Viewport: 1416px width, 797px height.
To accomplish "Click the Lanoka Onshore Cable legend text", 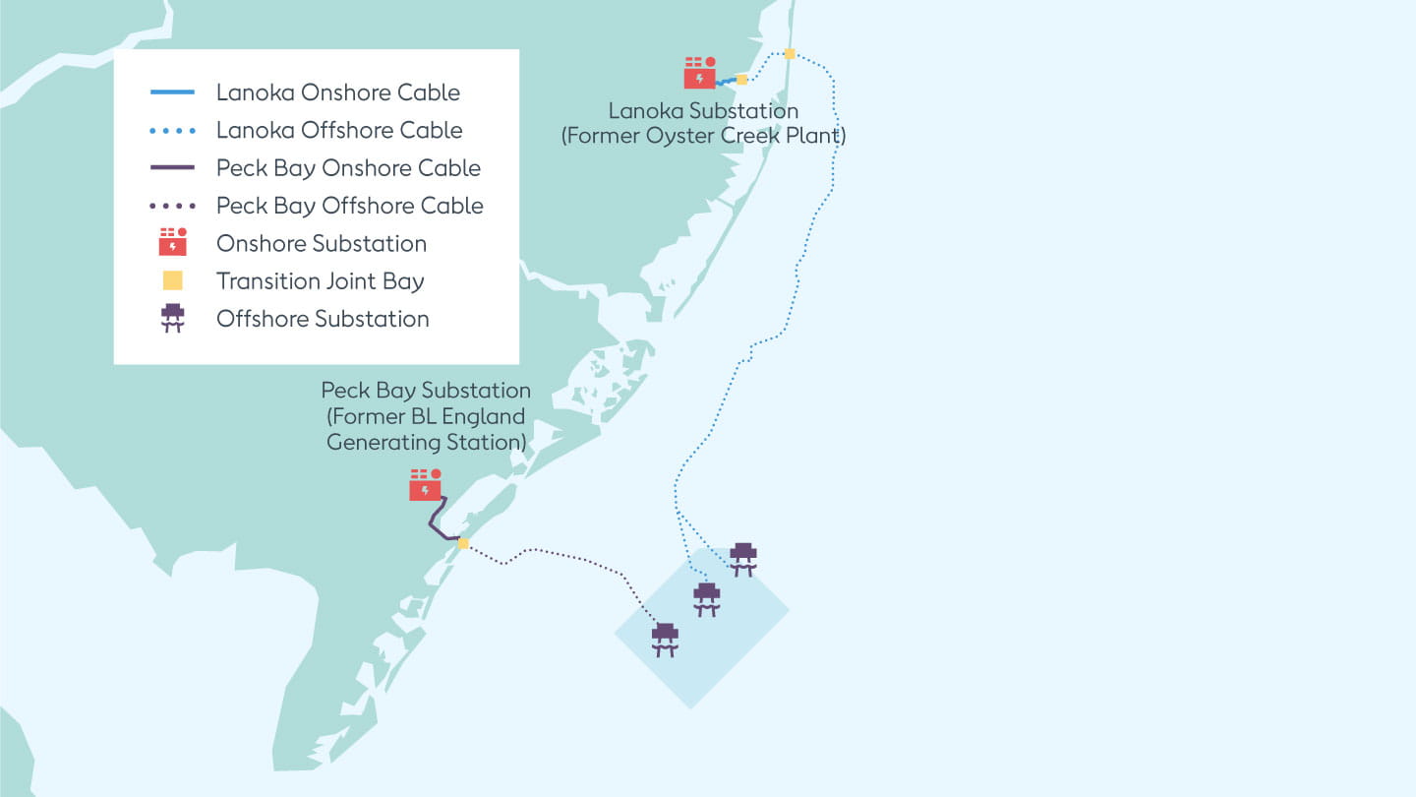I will click(x=337, y=92).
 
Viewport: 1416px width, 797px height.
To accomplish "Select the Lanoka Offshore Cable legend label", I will click(x=338, y=130).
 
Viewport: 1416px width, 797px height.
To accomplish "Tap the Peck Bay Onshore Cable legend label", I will click(x=348, y=167).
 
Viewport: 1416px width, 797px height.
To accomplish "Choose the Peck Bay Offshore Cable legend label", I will click(x=349, y=206).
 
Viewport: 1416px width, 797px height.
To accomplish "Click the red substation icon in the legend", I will click(x=172, y=242).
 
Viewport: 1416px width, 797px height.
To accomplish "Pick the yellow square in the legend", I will click(x=172, y=280).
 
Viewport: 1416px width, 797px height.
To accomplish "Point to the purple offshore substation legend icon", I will click(x=172, y=318).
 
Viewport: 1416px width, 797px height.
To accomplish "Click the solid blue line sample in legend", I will click(x=172, y=92).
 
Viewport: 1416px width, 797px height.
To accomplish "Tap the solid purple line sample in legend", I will click(x=172, y=167).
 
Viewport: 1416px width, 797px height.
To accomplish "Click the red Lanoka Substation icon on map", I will click(x=699, y=73).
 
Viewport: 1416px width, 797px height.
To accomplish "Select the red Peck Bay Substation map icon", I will click(x=425, y=485).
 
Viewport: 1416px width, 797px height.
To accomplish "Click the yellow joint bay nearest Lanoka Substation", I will click(x=741, y=79).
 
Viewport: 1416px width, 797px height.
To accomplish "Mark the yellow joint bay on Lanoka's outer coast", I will click(x=790, y=53).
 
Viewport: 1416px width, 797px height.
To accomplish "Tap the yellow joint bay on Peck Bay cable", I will click(x=463, y=543).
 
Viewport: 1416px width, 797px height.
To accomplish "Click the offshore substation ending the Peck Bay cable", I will click(x=666, y=639).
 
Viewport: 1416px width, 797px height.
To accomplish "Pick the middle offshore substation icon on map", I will click(x=706, y=598).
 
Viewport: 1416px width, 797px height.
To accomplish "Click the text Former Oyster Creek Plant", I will click(x=703, y=136).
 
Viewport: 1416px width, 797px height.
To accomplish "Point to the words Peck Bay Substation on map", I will click(x=426, y=391).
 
